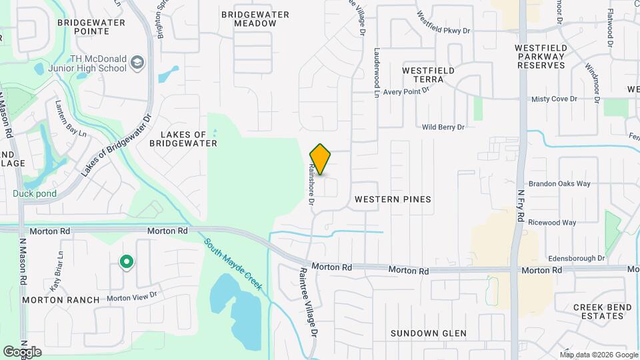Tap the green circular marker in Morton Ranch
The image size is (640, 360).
point(125,263)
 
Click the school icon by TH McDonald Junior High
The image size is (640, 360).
point(137,63)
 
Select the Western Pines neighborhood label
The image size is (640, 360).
point(393,199)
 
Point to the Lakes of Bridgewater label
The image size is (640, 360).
point(183,138)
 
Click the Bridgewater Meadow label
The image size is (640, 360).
point(255,19)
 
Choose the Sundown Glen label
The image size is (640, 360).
point(429,333)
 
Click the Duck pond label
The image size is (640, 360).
point(34,194)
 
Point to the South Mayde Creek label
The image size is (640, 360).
point(233,267)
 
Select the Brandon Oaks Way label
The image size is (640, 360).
point(559,183)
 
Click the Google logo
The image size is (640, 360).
point(23,351)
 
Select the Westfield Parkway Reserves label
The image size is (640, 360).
point(541,57)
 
